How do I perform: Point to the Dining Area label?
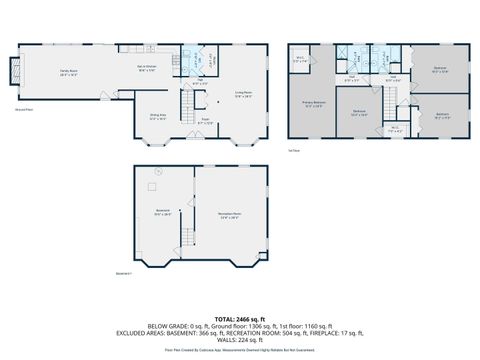157,116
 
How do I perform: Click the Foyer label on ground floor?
204,123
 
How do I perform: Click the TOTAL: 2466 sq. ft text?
239,316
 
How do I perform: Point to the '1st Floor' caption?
294,149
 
